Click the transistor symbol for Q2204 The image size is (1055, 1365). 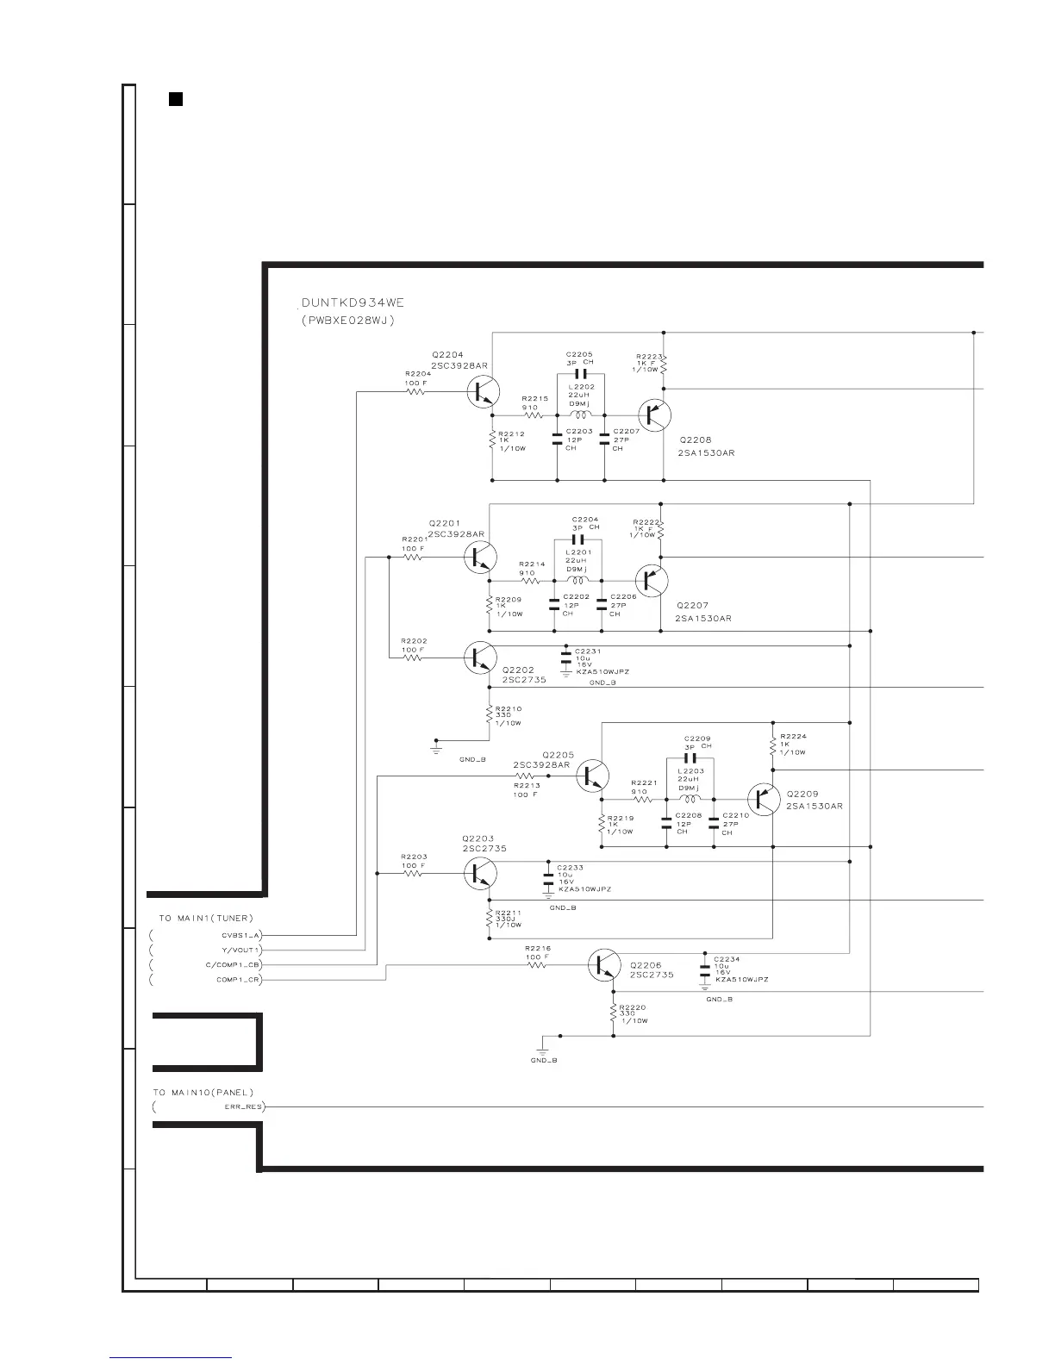(x=482, y=392)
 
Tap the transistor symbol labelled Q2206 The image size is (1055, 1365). (x=603, y=965)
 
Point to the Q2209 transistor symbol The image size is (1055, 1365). (x=763, y=799)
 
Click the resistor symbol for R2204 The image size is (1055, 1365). (x=416, y=391)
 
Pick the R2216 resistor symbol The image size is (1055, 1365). (x=535, y=965)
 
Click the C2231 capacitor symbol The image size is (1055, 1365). (x=565, y=658)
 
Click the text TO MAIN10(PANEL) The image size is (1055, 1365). (x=205, y=1093)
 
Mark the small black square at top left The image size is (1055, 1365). (x=175, y=98)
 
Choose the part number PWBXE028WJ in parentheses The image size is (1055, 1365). (x=347, y=321)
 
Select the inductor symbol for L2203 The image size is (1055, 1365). (x=690, y=798)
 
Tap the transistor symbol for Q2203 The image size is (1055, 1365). (x=478, y=873)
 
